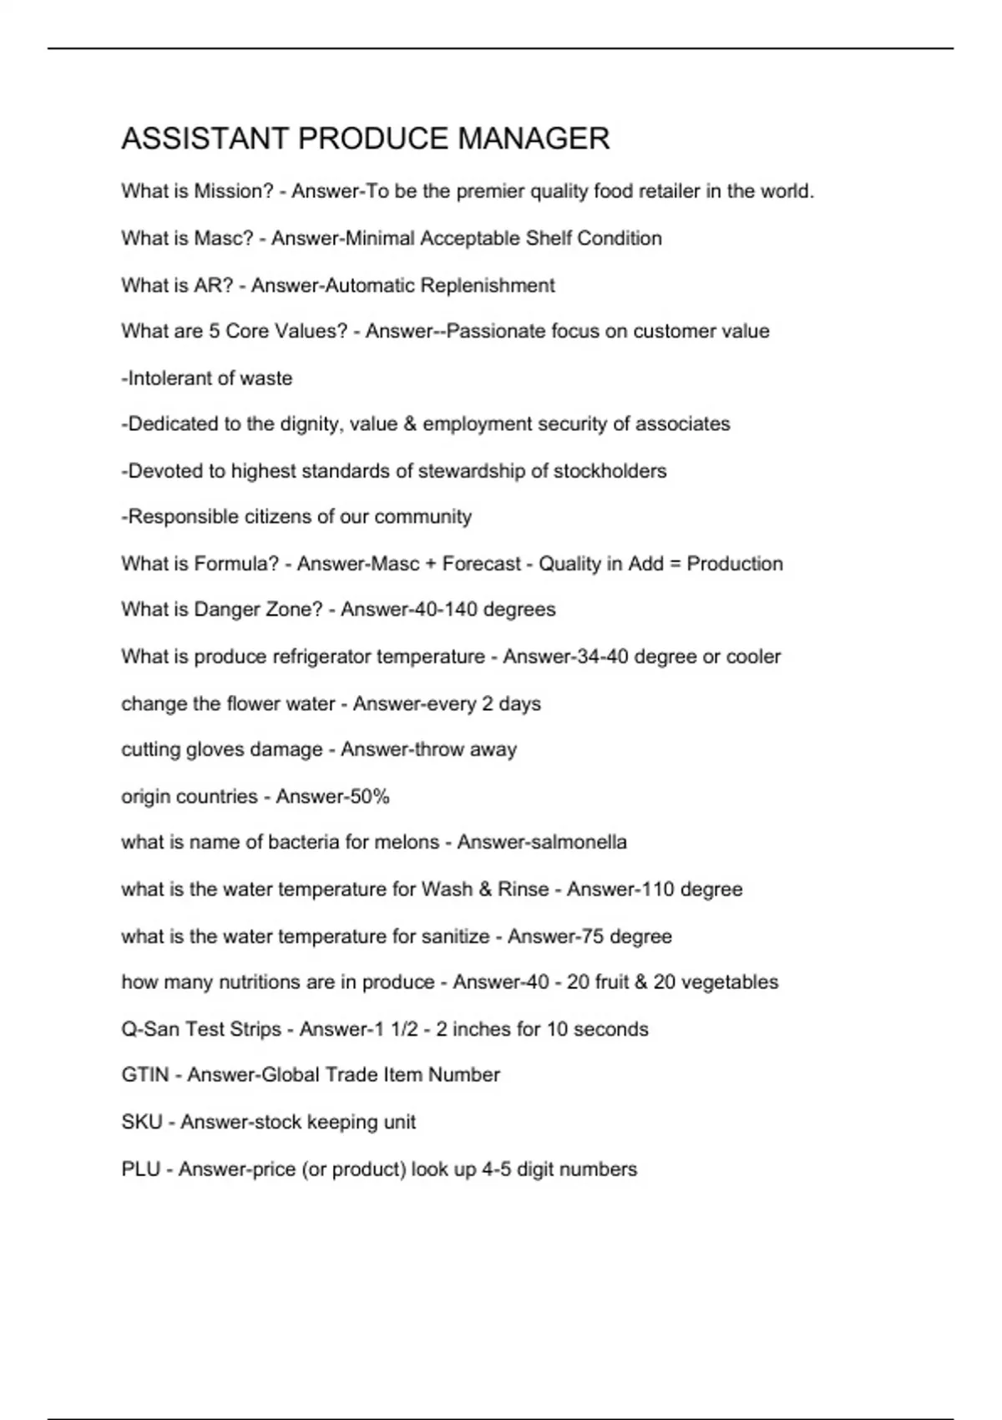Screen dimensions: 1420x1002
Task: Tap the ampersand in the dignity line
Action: coord(409,424)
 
